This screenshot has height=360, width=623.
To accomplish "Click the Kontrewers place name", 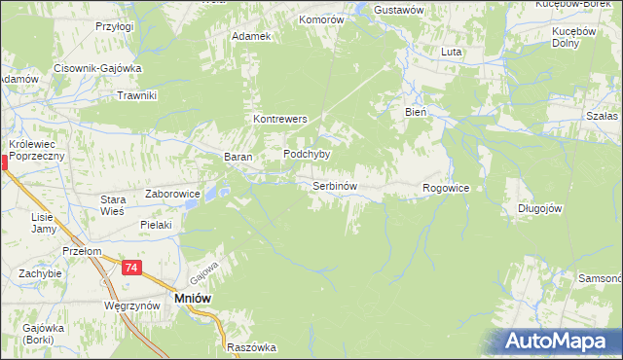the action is coord(280,119).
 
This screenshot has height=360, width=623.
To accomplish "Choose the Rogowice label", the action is coord(447,188).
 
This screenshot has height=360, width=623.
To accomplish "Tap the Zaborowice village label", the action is coord(172,194).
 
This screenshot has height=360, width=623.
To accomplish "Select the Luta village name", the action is coord(451,52).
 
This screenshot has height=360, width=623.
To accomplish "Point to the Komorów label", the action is coord(322,19).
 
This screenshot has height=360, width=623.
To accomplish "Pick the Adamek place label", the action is coord(250,36).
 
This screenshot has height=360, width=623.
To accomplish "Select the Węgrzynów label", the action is coord(130,306).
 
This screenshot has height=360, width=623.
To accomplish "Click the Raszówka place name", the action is coord(251,347).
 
